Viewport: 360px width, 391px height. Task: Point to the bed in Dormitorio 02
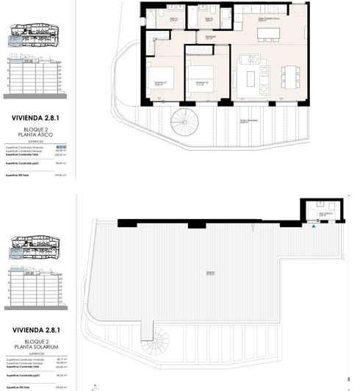[x=199, y=76]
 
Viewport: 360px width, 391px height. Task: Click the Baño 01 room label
[x=174, y=20]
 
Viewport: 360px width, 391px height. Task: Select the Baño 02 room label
[x=209, y=20]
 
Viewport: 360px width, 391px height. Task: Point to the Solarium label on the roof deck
[x=210, y=273]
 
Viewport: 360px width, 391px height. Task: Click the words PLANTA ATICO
[x=36, y=134]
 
